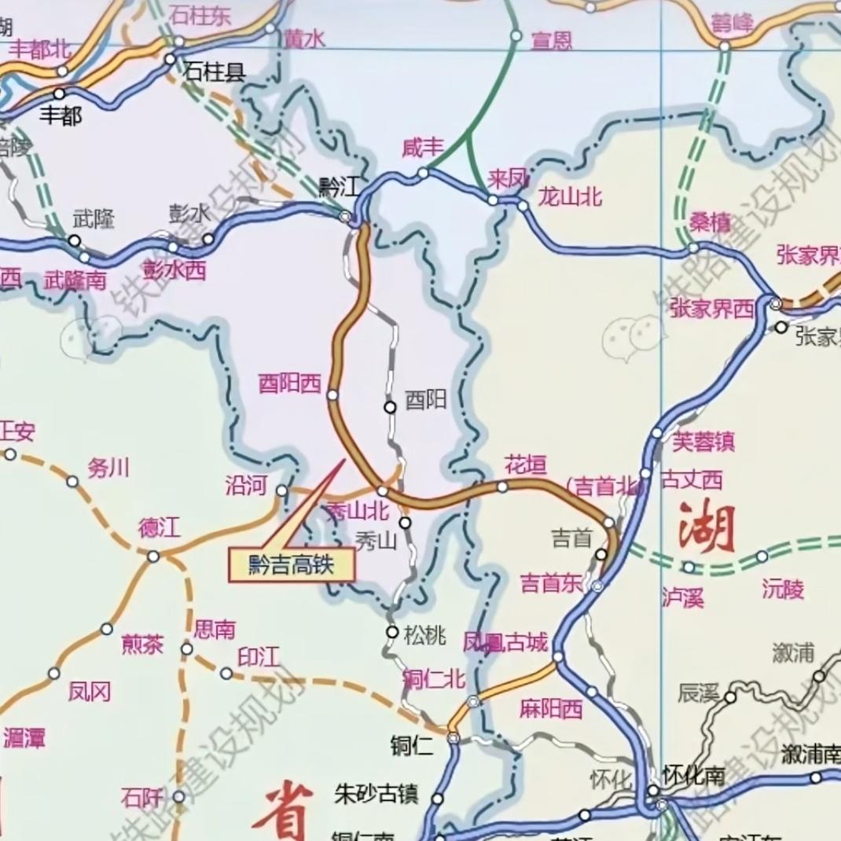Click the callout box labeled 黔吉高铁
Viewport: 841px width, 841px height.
tap(292, 565)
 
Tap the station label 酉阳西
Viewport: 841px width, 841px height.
tap(290, 384)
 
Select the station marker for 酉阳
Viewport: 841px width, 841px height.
tap(390, 406)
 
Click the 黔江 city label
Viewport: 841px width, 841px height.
tap(339, 187)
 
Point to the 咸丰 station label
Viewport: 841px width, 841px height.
tap(423, 148)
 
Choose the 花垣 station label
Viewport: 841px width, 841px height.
tap(525, 465)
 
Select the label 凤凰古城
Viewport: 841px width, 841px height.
tap(505, 643)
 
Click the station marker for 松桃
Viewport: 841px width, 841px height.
tap(392, 632)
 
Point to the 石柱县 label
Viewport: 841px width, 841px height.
tap(215, 73)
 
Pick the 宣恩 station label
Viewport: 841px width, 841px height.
tap(552, 41)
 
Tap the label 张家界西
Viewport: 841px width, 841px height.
tap(712, 309)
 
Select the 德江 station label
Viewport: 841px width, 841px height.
tap(160, 528)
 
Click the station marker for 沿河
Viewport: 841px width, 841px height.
tap(281, 490)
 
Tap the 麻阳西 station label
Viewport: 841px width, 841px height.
tap(551, 709)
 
